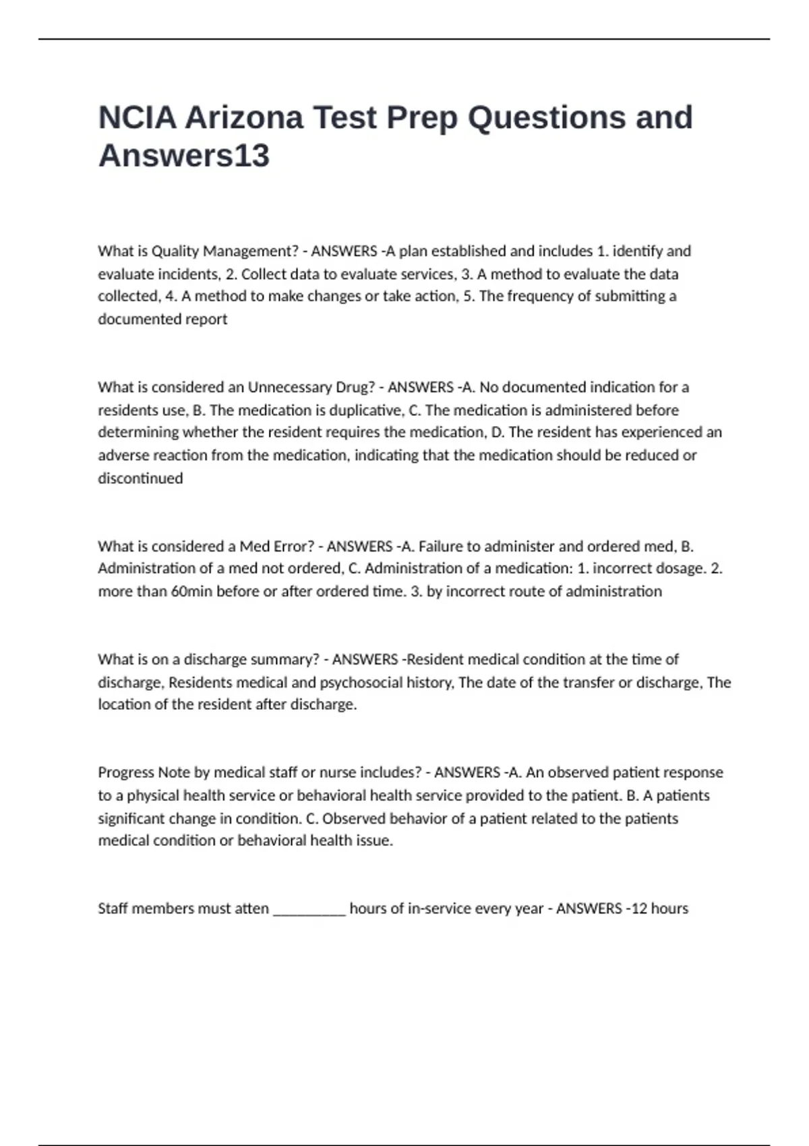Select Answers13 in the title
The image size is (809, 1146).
184,156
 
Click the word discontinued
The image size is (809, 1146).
140,478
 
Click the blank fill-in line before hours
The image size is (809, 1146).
309,910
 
